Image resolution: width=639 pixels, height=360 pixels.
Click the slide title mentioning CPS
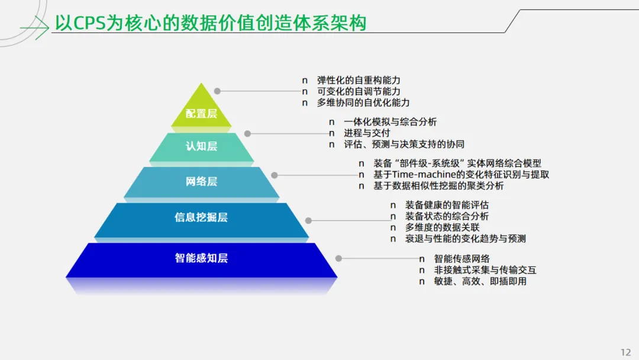(x=211, y=23)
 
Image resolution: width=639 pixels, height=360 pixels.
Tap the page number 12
(x=626, y=352)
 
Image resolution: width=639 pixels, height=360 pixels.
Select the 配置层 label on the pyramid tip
(x=201, y=114)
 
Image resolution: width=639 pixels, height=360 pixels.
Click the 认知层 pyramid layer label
(x=201, y=146)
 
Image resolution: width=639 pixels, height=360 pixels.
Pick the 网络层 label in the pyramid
(x=201, y=181)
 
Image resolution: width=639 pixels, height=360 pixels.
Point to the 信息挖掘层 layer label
(x=201, y=217)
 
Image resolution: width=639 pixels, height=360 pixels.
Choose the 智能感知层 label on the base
(x=201, y=258)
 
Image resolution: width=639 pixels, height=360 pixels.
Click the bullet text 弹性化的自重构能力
(x=359, y=80)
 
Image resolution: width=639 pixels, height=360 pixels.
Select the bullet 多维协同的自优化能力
(x=363, y=102)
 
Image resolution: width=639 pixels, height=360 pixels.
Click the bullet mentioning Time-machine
(x=461, y=175)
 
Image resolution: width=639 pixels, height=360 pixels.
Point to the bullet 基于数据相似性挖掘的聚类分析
(x=438, y=186)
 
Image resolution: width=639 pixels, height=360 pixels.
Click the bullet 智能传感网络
(x=461, y=259)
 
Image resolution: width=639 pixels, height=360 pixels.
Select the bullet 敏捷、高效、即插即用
(x=480, y=281)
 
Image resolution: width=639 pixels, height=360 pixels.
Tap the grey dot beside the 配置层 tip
(x=217, y=91)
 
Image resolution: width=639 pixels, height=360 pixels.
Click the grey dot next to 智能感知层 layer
(x=338, y=258)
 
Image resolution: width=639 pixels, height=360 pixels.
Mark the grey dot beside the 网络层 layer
(x=275, y=175)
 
